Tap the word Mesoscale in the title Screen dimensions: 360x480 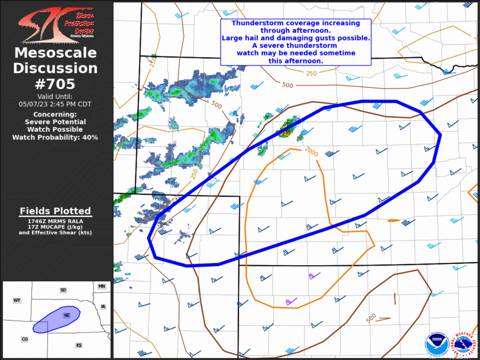coord(55,54)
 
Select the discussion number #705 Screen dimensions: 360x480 coord(55,83)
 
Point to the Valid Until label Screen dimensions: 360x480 coord(55,96)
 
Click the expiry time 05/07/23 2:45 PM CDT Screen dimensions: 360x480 coord(55,104)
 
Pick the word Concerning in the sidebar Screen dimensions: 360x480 coord(55,114)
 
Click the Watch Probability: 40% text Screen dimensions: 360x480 coord(55,137)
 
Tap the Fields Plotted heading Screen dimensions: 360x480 coord(55,211)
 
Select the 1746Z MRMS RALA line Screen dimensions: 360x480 coord(55,220)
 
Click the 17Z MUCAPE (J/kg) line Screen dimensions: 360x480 coord(55,226)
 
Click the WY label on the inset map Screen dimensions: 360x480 coord(17,300)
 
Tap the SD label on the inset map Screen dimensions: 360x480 coord(63,290)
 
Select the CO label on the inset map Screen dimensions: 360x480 coord(25,339)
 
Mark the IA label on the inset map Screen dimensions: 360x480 coord(103,306)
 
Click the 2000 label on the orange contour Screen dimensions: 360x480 coord(311,153)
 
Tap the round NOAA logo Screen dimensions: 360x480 coord(436,344)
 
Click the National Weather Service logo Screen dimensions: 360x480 coord(464,344)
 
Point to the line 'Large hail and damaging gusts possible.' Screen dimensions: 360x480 coord(296,38)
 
